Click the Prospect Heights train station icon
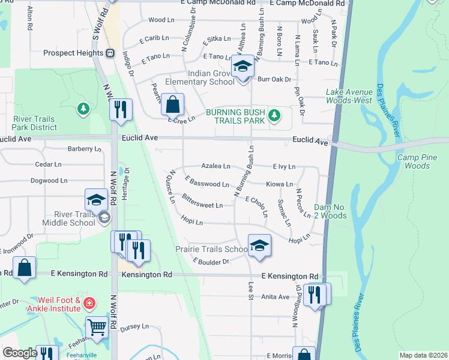pyautogui.click(x=110, y=53)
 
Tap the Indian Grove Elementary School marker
pyautogui.click(x=243, y=68)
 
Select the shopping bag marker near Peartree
pyautogui.click(x=172, y=105)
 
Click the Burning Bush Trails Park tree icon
pyautogui.click(x=274, y=114)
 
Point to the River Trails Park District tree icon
pyautogui.click(x=83, y=109)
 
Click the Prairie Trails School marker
pyautogui.click(x=259, y=246)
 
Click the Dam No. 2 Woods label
pyautogui.click(x=330, y=211)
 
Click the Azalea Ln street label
pyautogui.click(x=215, y=166)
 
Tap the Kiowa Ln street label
pyautogui.click(x=280, y=184)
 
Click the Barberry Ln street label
pyautogui.click(x=83, y=149)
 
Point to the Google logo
pyautogui.click(x=20, y=353)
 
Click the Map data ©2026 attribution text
pyautogui.click(x=423, y=355)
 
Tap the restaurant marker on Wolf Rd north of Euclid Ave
pyautogui.click(x=121, y=109)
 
